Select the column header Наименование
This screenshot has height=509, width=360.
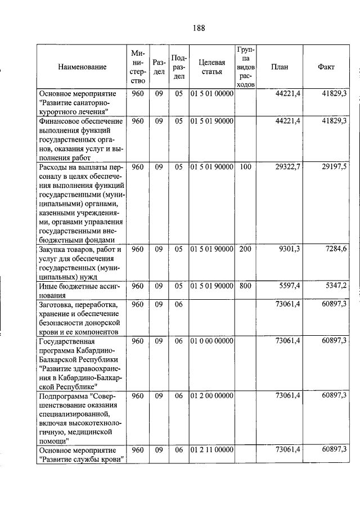pos(82,67)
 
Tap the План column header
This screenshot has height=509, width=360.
pos(280,67)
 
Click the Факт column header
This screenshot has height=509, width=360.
pos(326,67)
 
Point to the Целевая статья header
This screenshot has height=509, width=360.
pos(211,67)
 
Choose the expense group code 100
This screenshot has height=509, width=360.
pos(245,168)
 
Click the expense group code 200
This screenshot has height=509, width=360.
pos(245,249)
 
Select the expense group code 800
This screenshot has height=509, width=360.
pos(245,286)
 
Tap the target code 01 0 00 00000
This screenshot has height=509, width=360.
pos(211,341)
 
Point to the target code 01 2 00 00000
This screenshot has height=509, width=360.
pos(211,396)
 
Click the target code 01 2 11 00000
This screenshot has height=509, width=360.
pos(211,451)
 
